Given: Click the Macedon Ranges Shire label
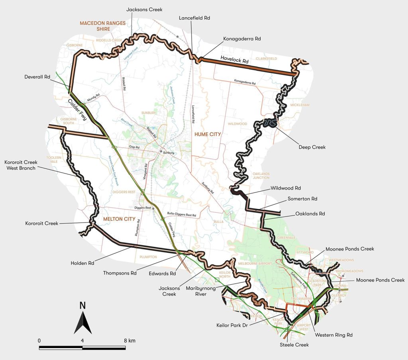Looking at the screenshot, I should pyautogui.click(x=100, y=26).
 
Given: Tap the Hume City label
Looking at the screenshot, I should pyautogui.click(x=208, y=135).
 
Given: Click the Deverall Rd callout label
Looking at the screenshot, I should pyautogui.click(x=37, y=77).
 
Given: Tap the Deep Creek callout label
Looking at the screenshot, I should pyautogui.click(x=312, y=147).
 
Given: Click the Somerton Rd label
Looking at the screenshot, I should pyautogui.click(x=301, y=198).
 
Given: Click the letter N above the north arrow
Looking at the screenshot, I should pyautogui.click(x=82, y=305).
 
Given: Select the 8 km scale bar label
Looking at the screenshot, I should pyautogui.click(x=129, y=341).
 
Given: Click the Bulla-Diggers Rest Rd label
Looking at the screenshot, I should pyautogui.click(x=182, y=215).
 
